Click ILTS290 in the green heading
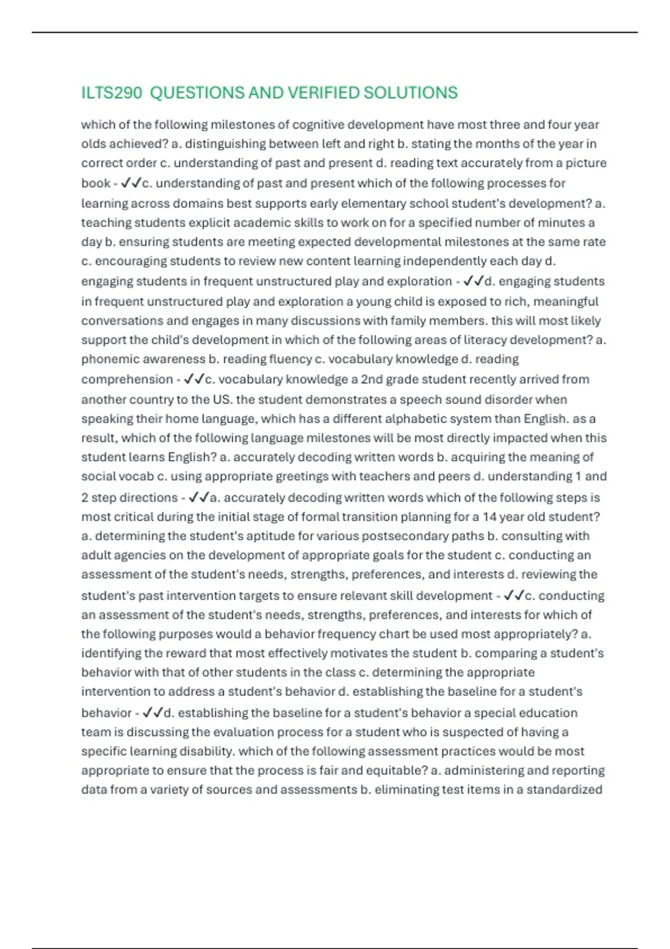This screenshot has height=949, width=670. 112,93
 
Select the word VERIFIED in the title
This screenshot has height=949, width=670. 314,93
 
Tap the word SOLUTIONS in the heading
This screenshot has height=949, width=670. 410,93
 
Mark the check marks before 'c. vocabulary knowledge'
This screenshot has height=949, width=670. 194,379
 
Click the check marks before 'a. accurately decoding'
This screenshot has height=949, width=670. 199,497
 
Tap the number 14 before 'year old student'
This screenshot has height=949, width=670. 489,517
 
